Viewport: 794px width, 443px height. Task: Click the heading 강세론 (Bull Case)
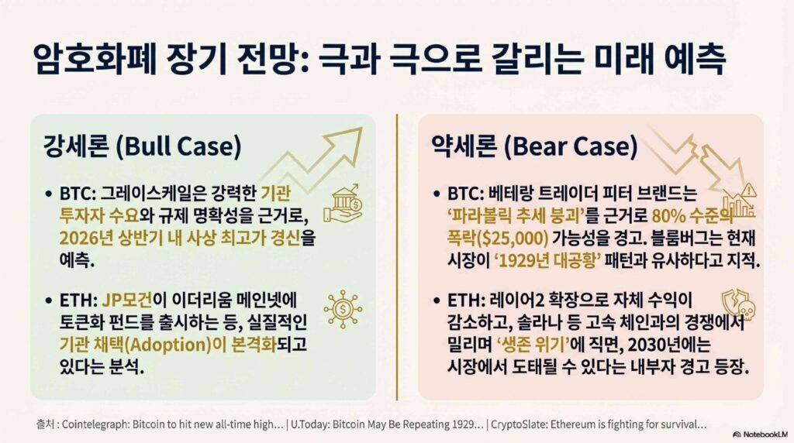tap(143, 146)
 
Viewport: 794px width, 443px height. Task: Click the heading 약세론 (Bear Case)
tap(534, 146)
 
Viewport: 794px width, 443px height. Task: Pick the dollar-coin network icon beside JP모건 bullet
tap(343, 309)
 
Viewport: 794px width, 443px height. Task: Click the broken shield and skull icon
tap(738, 304)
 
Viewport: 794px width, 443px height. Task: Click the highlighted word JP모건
tap(127, 300)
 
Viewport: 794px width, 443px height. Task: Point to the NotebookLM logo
tap(760, 434)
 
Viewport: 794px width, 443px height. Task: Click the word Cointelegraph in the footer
tap(95, 424)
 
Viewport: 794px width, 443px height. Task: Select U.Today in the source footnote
tap(310, 424)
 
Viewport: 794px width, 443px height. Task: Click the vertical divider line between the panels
tap(397, 257)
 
